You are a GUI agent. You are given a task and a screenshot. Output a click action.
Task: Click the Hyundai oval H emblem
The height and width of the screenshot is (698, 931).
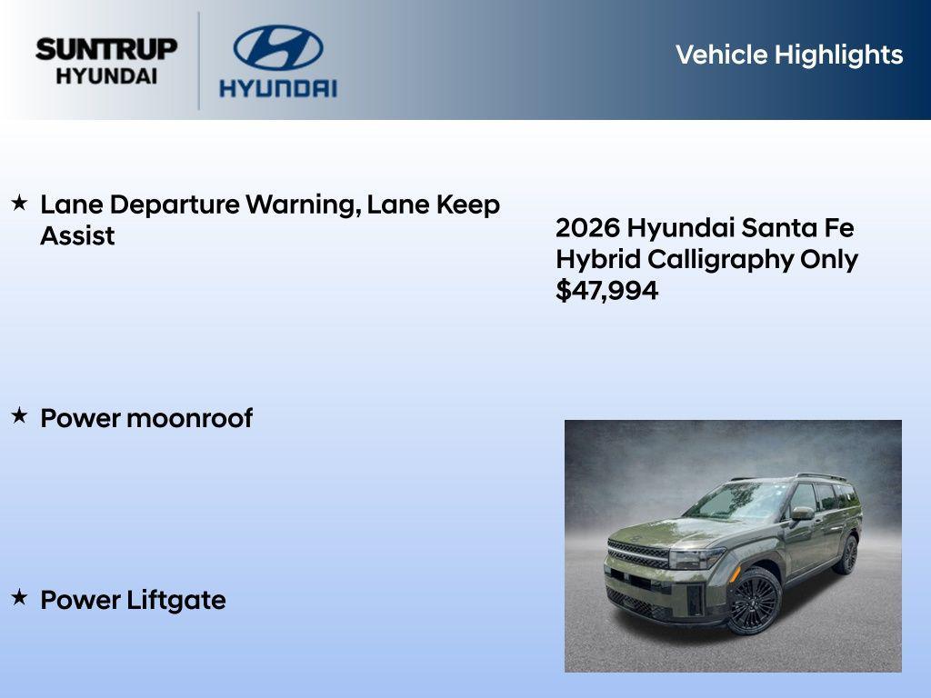click(277, 48)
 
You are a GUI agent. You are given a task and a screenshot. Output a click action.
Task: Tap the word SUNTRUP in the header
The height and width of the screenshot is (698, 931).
click(106, 49)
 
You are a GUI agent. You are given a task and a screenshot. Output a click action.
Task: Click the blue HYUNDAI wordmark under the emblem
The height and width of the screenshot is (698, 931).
click(277, 88)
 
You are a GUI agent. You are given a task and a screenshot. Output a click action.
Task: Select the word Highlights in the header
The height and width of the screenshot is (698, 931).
click(838, 55)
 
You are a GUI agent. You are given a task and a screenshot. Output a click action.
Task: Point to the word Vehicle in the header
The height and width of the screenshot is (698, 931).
click(721, 55)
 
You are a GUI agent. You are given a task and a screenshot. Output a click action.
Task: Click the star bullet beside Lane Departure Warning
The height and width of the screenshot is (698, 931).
click(19, 204)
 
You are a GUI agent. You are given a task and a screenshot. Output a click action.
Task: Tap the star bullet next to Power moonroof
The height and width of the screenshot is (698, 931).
click(19, 417)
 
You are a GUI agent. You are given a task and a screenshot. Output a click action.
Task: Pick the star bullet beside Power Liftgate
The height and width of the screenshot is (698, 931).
click(19, 598)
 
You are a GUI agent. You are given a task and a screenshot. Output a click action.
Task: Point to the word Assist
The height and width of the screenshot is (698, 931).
click(77, 236)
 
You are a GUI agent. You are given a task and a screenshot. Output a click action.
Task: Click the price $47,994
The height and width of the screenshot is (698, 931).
click(606, 291)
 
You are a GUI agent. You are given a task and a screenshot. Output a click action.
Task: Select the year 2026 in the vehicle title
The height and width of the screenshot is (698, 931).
click(587, 227)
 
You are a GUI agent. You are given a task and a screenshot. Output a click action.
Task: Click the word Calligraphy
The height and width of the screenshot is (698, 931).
click(720, 259)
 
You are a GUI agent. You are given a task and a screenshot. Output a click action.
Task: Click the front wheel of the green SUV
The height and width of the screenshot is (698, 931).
click(754, 602)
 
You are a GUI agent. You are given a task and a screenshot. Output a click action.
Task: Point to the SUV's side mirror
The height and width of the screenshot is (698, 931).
click(801, 514)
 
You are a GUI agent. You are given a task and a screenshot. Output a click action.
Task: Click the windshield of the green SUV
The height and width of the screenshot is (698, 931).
click(738, 501)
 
